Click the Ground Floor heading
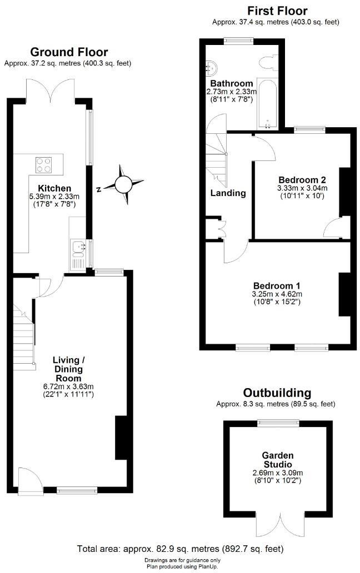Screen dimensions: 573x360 pyautogui.click(x=69, y=52)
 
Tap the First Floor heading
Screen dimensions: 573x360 pyautogui.click(x=277, y=11)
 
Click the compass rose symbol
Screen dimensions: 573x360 pyautogui.click(x=123, y=183)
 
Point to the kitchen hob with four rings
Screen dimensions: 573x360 pyautogui.click(x=44, y=164)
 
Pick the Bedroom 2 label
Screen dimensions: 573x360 pyautogui.click(x=302, y=180)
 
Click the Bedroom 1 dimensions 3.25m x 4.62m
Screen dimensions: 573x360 pyautogui.click(x=276, y=293)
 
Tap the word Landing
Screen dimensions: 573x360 pyautogui.click(x=228, y=193)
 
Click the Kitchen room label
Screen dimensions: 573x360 pyautogui.click(x=54, y=188)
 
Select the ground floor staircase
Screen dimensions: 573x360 pyautogui.click(x=23, y=333)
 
